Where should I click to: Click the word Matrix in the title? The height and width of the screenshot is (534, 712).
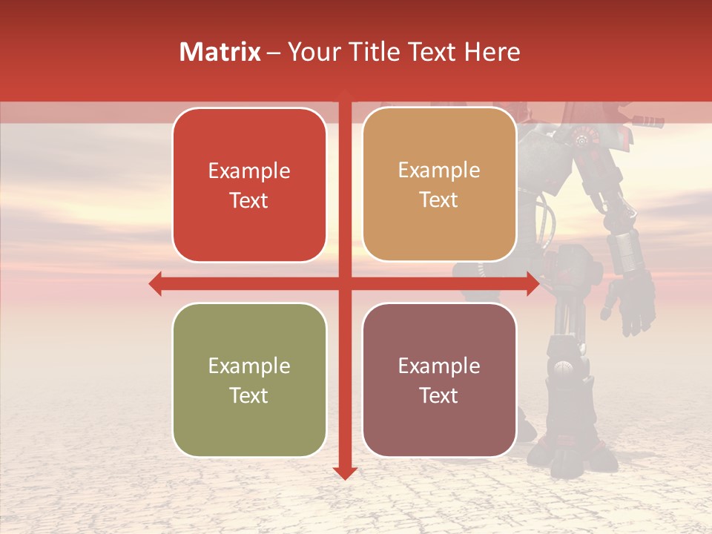[220, 52]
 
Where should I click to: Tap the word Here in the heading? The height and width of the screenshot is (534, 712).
[492, 52]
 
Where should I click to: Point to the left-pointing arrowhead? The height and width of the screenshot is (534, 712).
[155, 283]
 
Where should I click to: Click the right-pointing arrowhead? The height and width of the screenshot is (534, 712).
[533, 283]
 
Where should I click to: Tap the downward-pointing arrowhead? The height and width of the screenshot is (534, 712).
[345, 472]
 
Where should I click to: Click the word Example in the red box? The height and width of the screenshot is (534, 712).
[249, 171]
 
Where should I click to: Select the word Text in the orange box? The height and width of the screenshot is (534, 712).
[439, 200]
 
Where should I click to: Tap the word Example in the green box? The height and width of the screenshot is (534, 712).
[249, 366]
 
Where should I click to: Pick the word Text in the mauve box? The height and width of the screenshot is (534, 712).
[439, 395]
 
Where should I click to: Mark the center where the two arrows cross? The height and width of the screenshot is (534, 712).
[345, 283]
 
